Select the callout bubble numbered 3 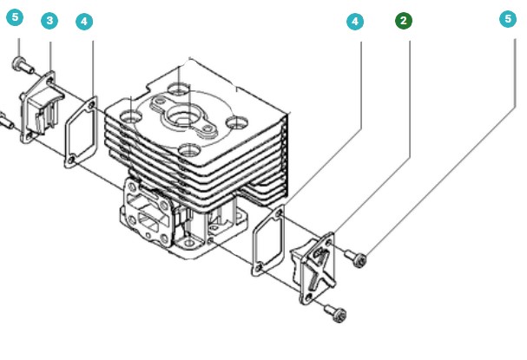(x=50, y=21)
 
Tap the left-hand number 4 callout (x=84, y=22)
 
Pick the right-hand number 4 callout (x=354, y=22)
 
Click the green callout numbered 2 (x=404, y=20)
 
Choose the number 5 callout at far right (x=508, y=18)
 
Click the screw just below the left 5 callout (x=20, y=63)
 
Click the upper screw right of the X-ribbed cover (x=356, y=255)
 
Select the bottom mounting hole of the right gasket (x=256, y=272)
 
